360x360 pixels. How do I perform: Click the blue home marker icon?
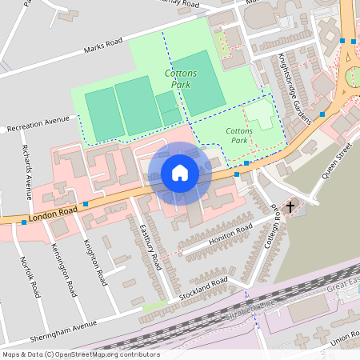180,173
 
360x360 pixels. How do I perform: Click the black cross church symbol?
290,206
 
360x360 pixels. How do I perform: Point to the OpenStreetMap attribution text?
80,354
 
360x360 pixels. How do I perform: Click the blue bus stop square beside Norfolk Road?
24,222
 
